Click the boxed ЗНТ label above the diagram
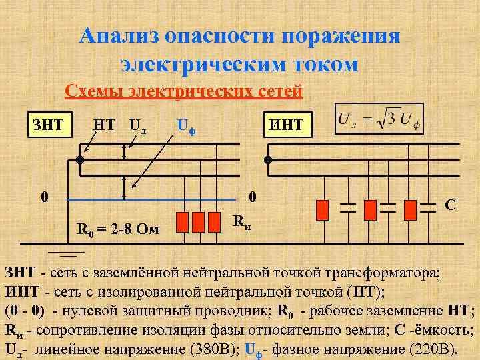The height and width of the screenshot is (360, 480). tap(49, 124)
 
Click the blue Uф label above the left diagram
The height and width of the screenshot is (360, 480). tap(188, 125)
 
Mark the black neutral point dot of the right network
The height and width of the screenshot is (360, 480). tap(268, 160)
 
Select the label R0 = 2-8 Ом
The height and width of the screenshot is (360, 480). tap(118, 230)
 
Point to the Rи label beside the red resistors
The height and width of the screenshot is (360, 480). tap(242, 221)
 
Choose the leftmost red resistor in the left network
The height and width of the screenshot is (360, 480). tap(181, 221)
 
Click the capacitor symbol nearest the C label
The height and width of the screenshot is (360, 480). tap(433, 206)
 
